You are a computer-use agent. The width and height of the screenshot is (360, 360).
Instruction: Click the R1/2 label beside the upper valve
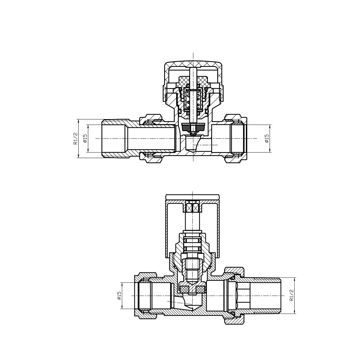pos(75,138)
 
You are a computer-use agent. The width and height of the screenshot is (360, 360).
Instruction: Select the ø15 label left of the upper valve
pos(85,138)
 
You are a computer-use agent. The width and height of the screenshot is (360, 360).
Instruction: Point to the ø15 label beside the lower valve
pos(119,296)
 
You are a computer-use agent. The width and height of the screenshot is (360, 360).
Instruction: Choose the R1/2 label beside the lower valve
pos(291,296)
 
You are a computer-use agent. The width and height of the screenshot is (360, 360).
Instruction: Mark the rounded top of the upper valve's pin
pos(193,69)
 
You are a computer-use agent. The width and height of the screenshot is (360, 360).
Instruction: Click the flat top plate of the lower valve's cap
pos(193,197)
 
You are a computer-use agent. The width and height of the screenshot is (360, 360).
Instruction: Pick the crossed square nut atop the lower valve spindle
pos(193,207)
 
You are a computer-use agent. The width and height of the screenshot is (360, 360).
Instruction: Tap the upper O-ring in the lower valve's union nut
pos(233,278)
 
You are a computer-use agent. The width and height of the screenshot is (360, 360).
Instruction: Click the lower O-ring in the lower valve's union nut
pos(233,313)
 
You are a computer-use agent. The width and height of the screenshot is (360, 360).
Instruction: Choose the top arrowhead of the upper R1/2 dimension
pos(78,120)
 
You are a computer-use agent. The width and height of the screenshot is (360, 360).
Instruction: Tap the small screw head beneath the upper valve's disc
pos(193,132)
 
